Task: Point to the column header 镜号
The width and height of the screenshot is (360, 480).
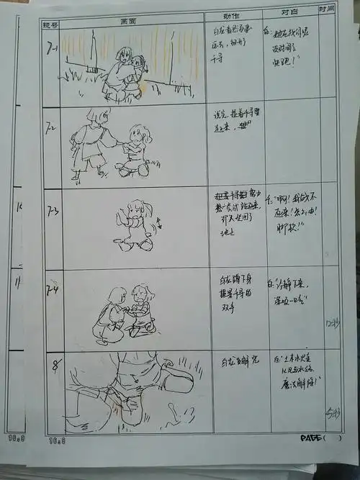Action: pos(50,26)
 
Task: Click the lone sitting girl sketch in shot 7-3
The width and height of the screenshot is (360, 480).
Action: pos(135,225)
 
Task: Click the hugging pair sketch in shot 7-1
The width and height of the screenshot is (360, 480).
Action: pos(126,71)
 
